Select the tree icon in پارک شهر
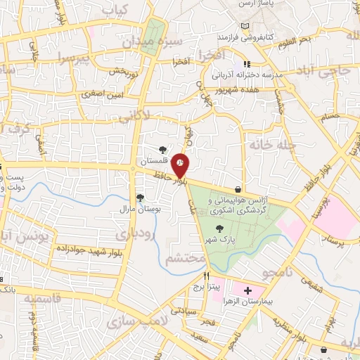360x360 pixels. pos(221,228)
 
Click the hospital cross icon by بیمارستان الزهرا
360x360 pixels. pos(247,290)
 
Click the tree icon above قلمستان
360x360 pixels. pos(162,149)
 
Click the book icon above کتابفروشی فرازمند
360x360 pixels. pos(245,26)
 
